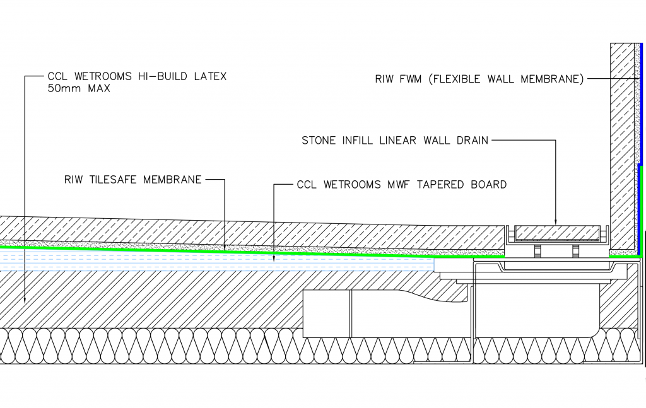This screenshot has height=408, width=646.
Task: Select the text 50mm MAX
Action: [x=79, y=89]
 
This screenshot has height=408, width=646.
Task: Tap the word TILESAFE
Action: [x=117, y=180]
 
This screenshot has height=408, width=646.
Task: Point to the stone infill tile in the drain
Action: [x=555, y=233]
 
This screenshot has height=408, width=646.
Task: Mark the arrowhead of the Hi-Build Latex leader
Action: [x=25, y=297]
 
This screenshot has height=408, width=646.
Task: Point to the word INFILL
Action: [x=356, y=140]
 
